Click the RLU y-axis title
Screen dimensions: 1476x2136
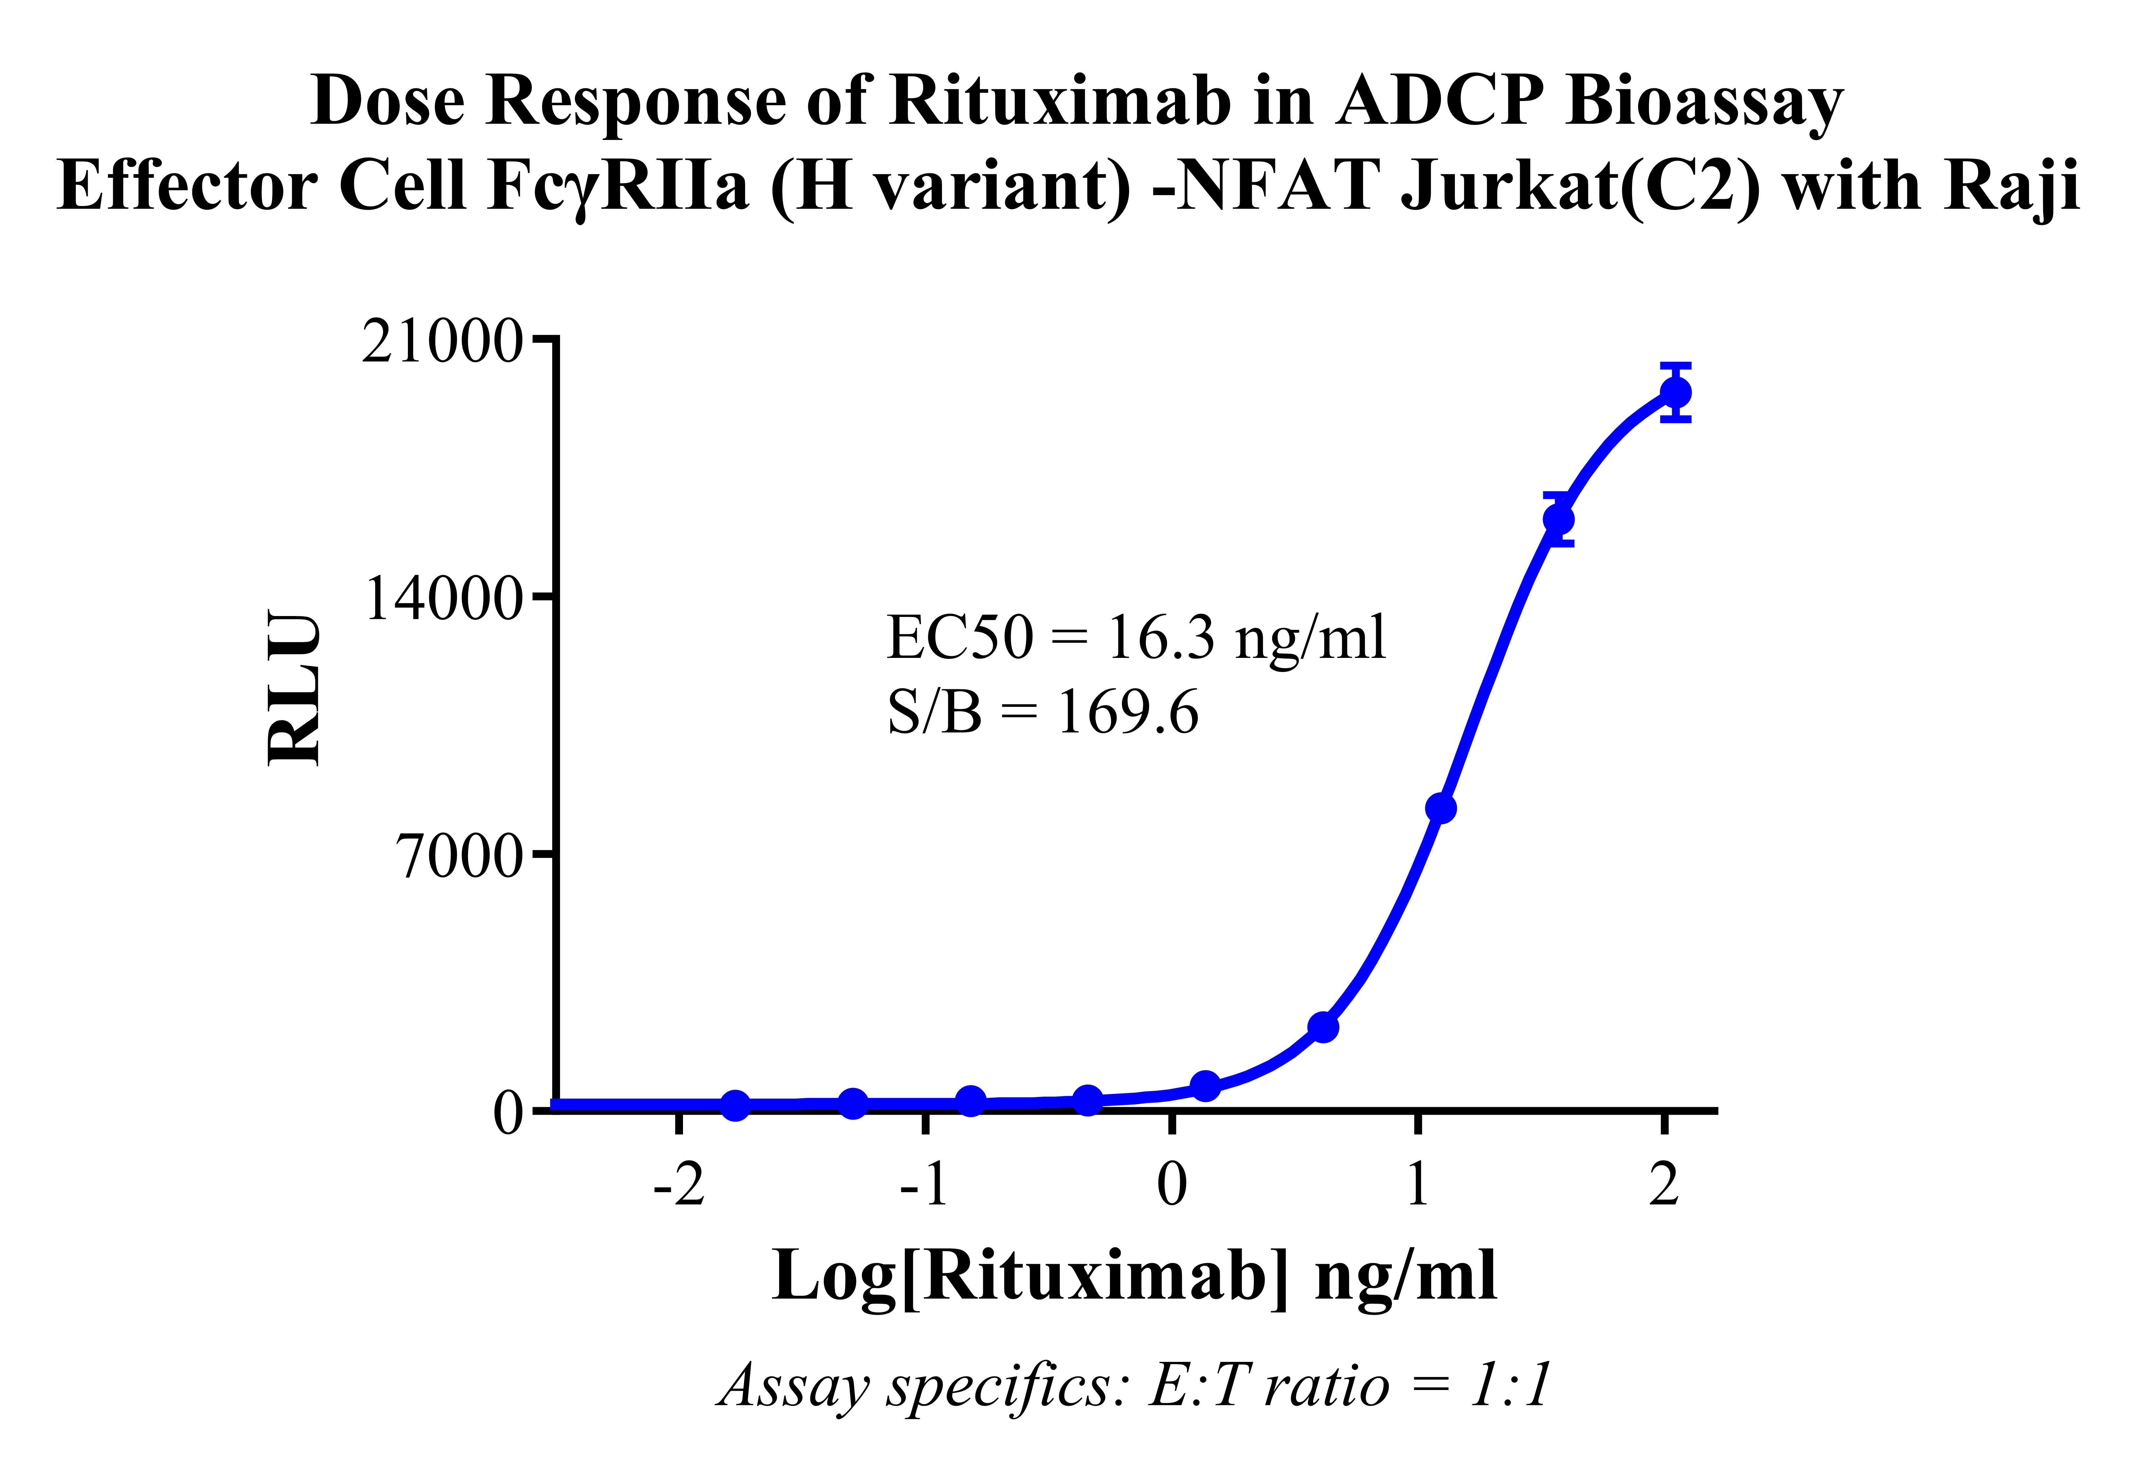294,687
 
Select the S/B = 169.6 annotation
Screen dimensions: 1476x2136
1042,712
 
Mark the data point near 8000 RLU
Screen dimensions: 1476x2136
1440,808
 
